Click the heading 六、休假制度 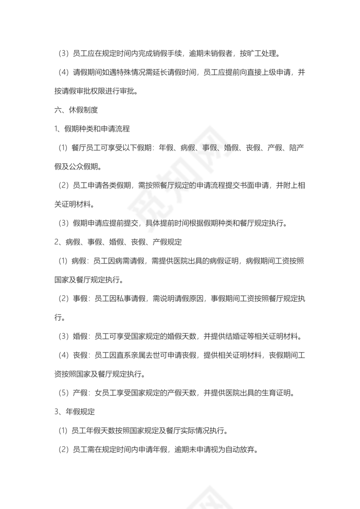coord(73,110)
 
